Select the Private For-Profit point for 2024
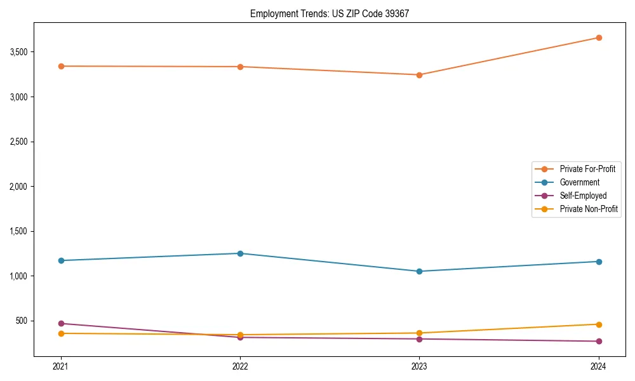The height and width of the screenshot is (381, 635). [598, 37]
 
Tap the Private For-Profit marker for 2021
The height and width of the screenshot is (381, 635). [61, 66]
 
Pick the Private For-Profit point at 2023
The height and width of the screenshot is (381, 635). [419, 75]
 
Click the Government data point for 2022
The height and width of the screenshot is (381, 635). [240, 253]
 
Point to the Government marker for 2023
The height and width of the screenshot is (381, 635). [419, 271]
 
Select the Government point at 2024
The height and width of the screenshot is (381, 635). [598, 262]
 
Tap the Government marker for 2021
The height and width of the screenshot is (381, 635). [61, 260]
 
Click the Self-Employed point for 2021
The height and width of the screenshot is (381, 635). [61, 323]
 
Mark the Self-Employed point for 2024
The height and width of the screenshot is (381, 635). [598, 341]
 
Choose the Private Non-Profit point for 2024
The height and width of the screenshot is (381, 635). [598, 324]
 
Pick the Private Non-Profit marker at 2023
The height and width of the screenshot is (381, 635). [419, 333]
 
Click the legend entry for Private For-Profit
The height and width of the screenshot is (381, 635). [587, 169]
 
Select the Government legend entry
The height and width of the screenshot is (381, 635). [579, 182]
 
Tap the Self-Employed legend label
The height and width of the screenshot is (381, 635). [583, 196]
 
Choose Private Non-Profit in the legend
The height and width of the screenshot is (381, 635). [589, 209]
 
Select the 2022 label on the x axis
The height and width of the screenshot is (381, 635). [240, 366]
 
